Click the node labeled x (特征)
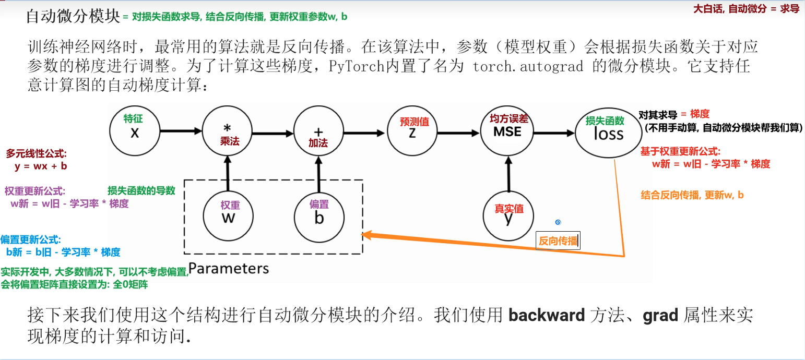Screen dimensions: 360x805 pyautogui.click(x=135, y=129)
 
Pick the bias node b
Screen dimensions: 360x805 pyautogui.click(x=319, y=214)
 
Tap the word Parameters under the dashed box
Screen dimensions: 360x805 pyautogui.click(x=229, y=268)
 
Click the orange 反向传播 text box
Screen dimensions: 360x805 pyautogui.click(x=558, y=241)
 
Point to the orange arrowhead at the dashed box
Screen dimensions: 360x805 pyautogui.click(x=367, y=235)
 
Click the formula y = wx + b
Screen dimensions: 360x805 pyautogui.click(x=41, y=166)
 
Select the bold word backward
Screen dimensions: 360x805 pyautogui.click(x=547, y=315)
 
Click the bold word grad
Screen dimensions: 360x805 pyautogui.click(x=660, y=315)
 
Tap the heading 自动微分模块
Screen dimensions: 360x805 pyautogui.click(x=73, y=16)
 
